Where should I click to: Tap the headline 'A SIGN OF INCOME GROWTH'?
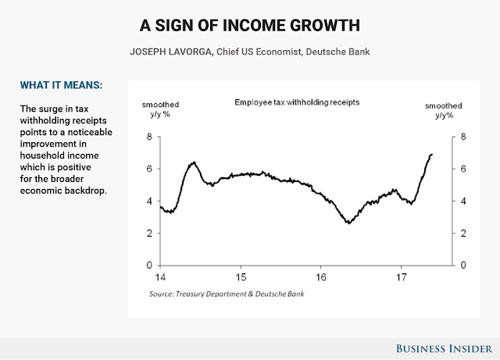250,25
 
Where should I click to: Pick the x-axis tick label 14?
160,277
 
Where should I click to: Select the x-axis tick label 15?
241,277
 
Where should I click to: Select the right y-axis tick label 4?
464,201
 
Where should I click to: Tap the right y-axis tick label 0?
464,265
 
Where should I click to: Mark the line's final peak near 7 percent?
431,155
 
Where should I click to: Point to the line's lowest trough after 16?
348,223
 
